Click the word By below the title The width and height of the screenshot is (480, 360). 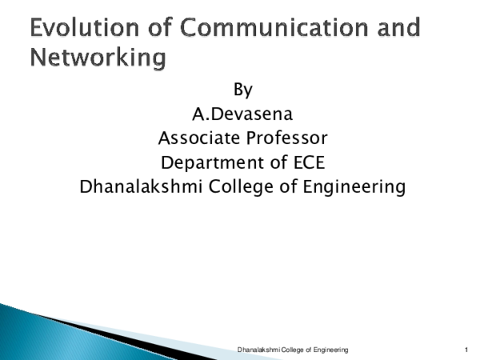242,89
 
